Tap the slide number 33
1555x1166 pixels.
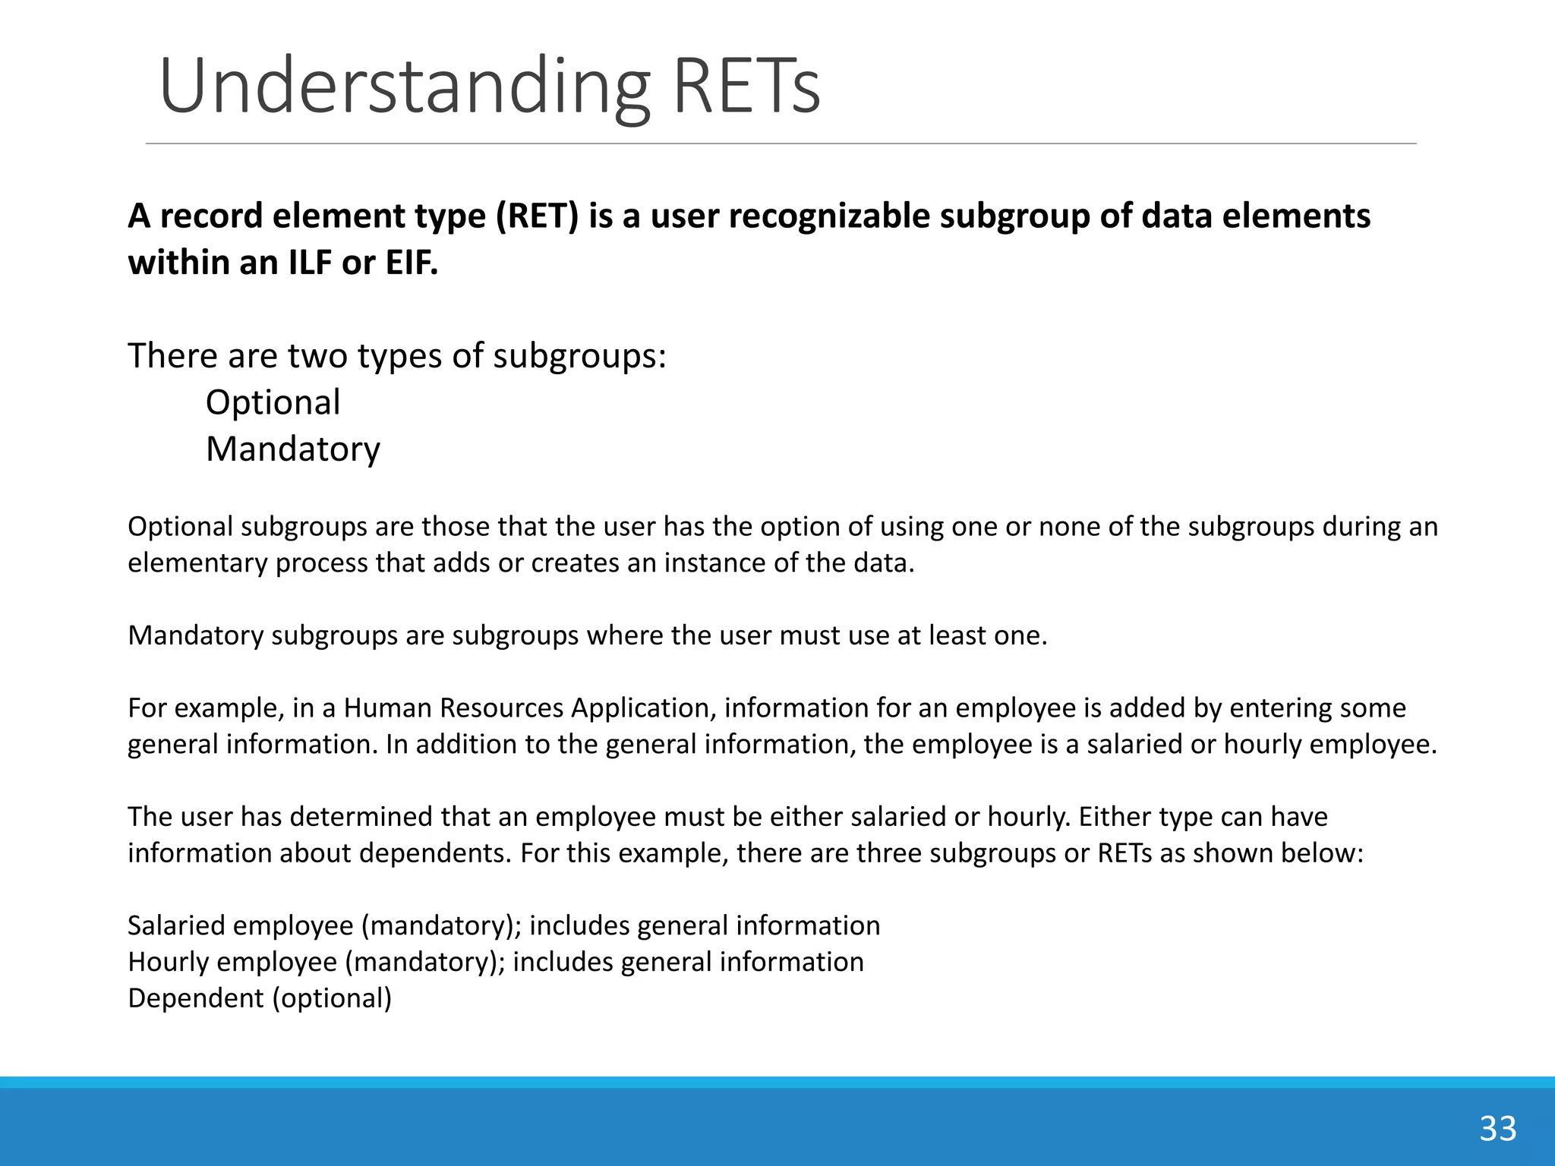[x=1497, y=1129]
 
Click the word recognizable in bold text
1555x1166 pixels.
[x=829, y=216]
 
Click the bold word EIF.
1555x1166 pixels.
[x=412, y=263]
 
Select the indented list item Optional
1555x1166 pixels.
[x=273, y=402]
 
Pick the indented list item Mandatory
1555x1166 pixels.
[x=292, y=449]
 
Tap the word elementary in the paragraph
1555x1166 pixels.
[x=197, y=563]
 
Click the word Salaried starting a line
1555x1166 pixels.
[x=176, y=926]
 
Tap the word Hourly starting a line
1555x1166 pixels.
[x=169, y=963]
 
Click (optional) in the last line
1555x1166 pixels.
[x=332, y=998]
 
